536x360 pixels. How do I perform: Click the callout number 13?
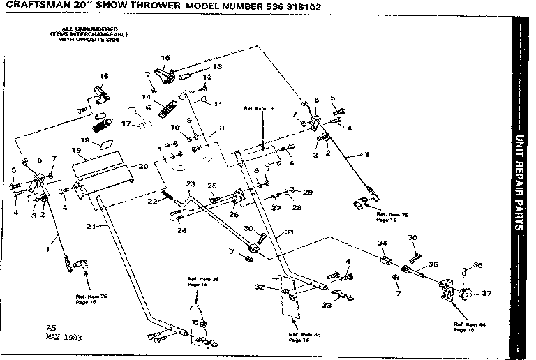(x=217, y=67)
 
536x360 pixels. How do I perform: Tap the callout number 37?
(x=486, y=294)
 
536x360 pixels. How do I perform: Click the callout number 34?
(x=382, y=243)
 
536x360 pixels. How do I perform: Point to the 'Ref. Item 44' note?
(x=463, y=328)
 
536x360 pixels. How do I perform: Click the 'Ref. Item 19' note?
(x=259, y=109)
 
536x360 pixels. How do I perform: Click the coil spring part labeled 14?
(x=166, y=108)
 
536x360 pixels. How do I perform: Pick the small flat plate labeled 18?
(x=106, y=143)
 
